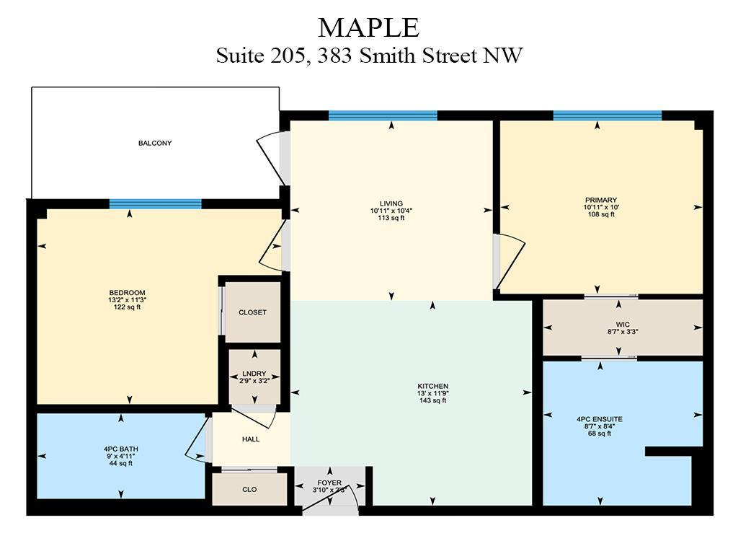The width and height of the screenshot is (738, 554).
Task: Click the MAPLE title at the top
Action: pyautogui.click(x=368, y=28)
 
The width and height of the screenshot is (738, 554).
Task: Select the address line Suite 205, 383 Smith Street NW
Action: pyautogui.click(x=369, y=56)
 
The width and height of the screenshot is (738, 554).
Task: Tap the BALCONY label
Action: pyautogui.click(x=155, y=143)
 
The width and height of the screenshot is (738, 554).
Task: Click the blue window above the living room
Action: pyautogui.click(x=383, y=115)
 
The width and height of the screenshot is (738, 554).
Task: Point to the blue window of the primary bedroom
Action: pyautogui.click(x=607, y=115)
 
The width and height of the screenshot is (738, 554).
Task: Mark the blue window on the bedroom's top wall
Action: pyautogui.click(x=156, y=204)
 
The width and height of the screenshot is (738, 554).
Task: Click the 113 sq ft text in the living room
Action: pyautogui.click(x=391, y=218)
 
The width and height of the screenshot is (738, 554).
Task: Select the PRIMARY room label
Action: pyautogui.click(x=601, y=200)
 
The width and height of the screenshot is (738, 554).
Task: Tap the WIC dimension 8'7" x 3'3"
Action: pyautogui.click(x=623, y=332)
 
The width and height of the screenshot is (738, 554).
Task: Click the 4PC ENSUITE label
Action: pyautogui.click(x=600, y=419)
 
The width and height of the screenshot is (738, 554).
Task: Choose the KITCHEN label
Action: pyautogui.click(x=433, y=386)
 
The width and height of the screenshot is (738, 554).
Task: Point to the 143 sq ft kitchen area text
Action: pyautogui.click(x=433, y=400)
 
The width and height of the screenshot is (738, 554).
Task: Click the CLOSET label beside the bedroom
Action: pyautogui.click(x=253, y=312)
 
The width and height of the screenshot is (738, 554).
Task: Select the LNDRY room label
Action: pyautogui.click(x=254, y=374)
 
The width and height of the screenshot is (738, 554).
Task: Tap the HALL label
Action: pyautogui.click(x=251, y=439)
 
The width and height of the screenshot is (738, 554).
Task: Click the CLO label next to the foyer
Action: pyautogui.click(x=249, y=490)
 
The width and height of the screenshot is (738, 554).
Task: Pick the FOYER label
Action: pyautogui.click(x=329, y=483)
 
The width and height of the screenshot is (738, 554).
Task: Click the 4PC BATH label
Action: pyautogui.click(x=121, y=449)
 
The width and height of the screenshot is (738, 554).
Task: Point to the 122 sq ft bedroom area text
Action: pyautogui.click(x=127, y=307)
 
